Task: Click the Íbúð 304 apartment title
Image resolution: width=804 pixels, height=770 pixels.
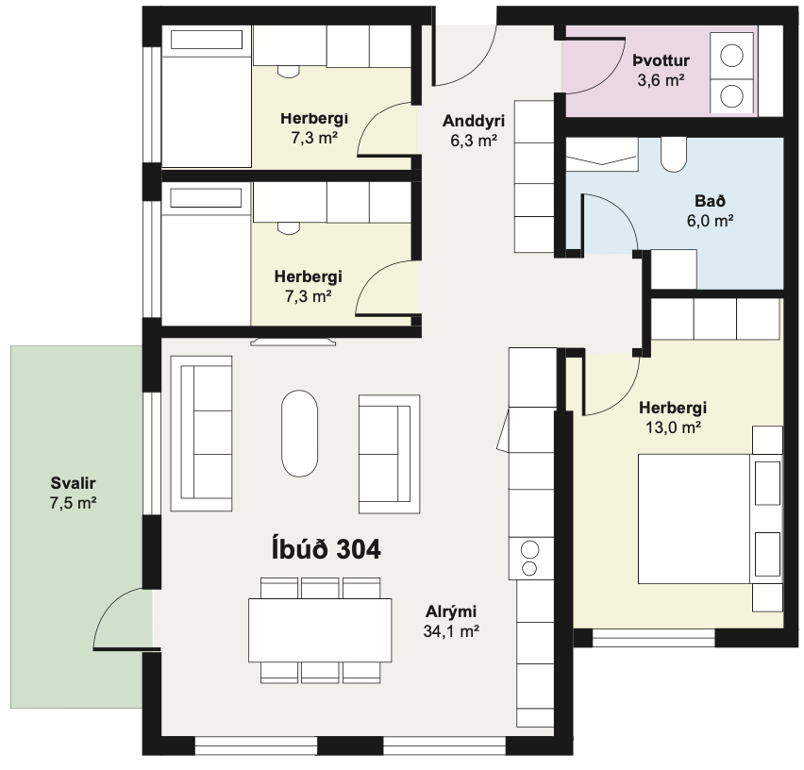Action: [x=327, y=549]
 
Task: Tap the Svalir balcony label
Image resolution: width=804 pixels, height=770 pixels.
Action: [x=73, y=483]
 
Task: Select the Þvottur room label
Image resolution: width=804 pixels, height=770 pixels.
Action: [x=661, y=60]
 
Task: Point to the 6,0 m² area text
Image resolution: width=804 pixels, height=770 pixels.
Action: [x=711, y=221]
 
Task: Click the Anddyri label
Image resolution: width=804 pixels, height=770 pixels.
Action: [x=474, y=121]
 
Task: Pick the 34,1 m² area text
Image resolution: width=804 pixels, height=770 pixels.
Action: [x=451, y=631]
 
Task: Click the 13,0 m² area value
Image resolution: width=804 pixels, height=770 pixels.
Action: [x=673, y=427]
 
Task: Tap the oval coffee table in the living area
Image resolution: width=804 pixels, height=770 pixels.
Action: [x=299, y=434]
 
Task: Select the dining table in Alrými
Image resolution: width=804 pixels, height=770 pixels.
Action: [x=320, y=630]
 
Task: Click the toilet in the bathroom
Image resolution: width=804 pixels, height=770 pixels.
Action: [x=673, y=154]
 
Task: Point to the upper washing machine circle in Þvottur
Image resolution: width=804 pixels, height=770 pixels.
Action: [x=731, y=56]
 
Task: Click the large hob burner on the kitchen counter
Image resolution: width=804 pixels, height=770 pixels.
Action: [x=529, y=550]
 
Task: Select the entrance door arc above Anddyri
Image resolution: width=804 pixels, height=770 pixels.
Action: [x=475, y=67]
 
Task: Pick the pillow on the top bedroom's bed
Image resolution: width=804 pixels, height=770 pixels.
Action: [x=206, y=40]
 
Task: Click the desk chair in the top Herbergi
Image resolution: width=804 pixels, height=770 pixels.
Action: [x=289, y=72]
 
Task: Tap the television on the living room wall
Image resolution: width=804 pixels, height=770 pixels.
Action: [x=293, y=342]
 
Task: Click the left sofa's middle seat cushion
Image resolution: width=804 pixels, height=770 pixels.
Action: [x=212, y=431]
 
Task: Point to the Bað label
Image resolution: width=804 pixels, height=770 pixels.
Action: [x=711, y=201]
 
